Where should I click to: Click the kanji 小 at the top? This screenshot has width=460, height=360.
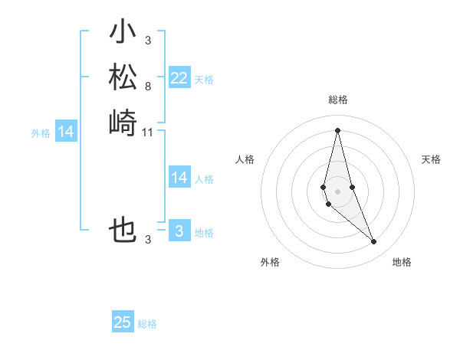(x=123, y=33)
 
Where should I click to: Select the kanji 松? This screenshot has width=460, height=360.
(x=123, y=77)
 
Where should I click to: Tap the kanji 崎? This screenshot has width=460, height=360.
(x=123, y=123)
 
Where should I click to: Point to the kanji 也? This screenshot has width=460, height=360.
(x=123, y=230)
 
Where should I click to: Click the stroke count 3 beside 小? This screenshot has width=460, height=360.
(x=147, y=40)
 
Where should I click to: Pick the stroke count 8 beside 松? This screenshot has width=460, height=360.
(x=147, y=87)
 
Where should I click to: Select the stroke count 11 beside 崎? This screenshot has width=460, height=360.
(x=148, y=133)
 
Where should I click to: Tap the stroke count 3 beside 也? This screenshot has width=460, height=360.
(x=147, y=240)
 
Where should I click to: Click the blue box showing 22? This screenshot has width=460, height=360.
(x=179, y=78)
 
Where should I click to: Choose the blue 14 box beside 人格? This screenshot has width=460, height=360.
(x=179, y=178)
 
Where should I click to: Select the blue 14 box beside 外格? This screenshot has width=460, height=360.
(x=66, y=133)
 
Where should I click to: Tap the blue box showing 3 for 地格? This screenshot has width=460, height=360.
(x=179, y=231)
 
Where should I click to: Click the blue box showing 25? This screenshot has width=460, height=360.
(x=123, y=322)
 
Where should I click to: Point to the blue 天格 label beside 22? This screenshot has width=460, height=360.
(x=204, y=80)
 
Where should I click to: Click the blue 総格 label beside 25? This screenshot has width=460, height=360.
(x=147, y=324)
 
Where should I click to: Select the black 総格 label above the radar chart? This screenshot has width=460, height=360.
(x=338, y=100)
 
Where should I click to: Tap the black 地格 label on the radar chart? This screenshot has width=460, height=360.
(x=402, y=262)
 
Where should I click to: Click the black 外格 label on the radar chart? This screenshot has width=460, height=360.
(x=270, y=262)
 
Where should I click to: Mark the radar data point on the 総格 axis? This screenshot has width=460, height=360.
(x=337, y=131)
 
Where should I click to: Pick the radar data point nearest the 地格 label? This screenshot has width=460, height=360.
(x=373, y=241)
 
